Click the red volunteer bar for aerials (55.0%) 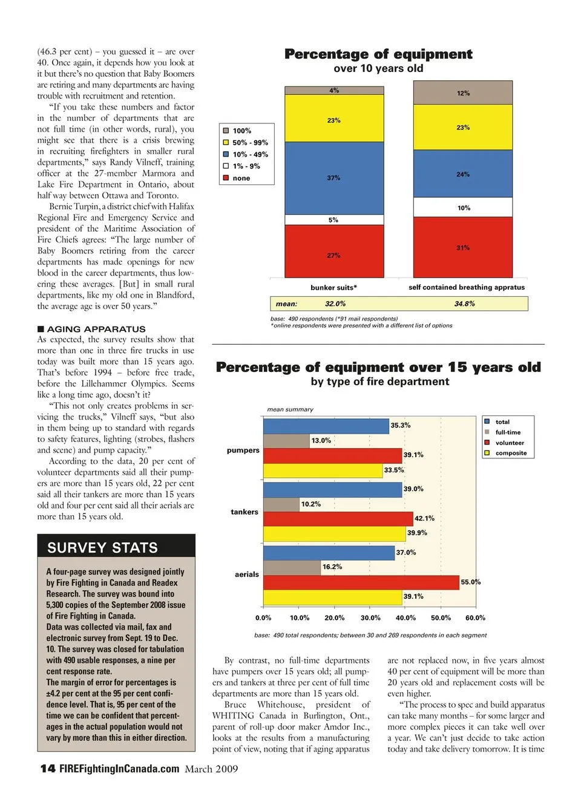pos(361,582)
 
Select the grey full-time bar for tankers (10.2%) pos(281,504)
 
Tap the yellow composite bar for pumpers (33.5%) pos(323,471)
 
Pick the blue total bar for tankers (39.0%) pos(332,489)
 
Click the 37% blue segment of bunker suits pos(334,178)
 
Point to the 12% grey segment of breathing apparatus pos(463,93)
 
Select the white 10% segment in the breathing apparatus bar pos(463,207)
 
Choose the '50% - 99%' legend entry pos(250,143)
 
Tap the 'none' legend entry pos(241,178)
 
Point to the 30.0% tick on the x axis pos(370,618)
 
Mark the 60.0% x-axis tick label pos(475,618)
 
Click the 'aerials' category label pos(247,575)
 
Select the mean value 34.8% pos(464,304)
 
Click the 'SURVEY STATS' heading pos(102,548)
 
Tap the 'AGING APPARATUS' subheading pos(96,329)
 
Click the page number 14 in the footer pos(48,769)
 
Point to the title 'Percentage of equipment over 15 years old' pos(378,368)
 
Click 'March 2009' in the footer pos(211,769)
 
